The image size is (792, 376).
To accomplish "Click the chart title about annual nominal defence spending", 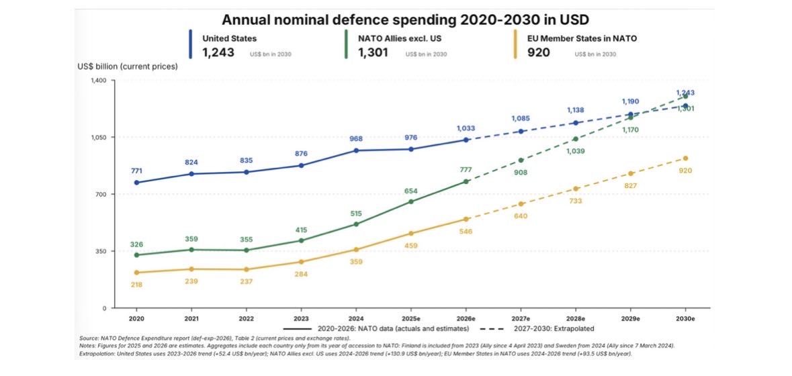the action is coord(406,19).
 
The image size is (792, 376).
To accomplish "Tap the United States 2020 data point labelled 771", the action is coord(136,182).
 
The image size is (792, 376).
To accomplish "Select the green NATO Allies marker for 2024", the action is coord(356,224).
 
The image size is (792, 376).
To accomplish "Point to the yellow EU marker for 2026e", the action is coord(466,219).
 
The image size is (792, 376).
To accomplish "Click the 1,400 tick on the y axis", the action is coord(97,81).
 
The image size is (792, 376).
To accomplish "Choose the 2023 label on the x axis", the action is coord(301,320).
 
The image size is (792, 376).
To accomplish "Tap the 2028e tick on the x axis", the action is coord(575,320).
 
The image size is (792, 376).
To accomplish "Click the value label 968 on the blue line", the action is coord(356,139).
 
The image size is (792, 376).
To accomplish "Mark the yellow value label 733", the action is coord(575,200).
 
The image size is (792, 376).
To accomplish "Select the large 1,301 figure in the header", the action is coord(373,52).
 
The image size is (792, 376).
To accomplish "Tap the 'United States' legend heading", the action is coord(229,38).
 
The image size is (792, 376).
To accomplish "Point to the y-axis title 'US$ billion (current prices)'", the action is coord(127,66).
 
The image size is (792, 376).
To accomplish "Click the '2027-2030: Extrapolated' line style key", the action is coord(537,328).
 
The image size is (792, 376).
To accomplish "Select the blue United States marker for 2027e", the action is coord(521,131).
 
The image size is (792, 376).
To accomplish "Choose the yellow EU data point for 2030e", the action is coord(685,158).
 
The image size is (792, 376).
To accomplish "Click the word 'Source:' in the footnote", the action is coord(89,337).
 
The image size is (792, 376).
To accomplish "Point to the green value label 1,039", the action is coord(575,151).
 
